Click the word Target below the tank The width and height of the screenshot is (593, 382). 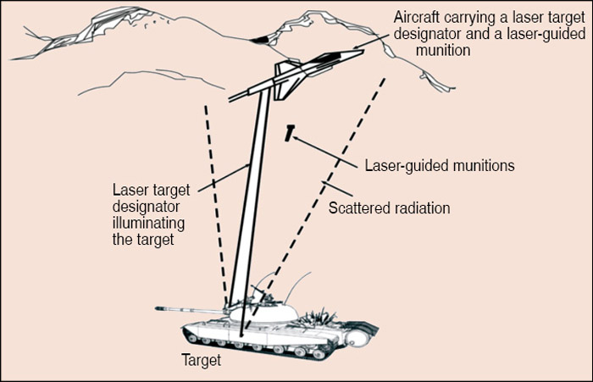tap(201, 361)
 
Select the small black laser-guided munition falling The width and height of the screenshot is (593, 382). tap(290, 132)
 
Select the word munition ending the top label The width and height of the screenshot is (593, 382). tap(446, 51)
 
